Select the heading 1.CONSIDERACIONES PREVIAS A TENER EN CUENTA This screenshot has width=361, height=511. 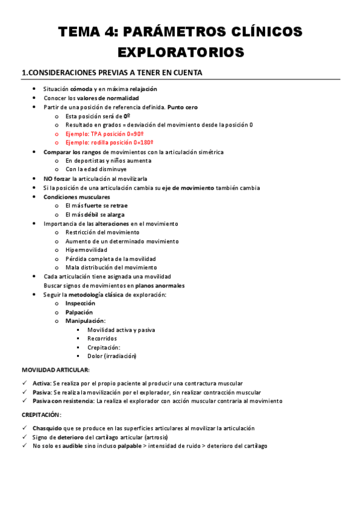[111, 73]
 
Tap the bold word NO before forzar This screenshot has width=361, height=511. [48, 179]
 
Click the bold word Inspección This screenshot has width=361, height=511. [80, 304]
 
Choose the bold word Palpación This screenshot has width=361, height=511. [79, 313]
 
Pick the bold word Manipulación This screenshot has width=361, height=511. [84, 321]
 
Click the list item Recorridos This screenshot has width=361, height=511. [102, 339]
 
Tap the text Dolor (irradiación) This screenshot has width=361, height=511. [111, 356]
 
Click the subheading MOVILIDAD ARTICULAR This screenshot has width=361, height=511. [55, 369]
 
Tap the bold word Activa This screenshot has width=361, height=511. [42, 383]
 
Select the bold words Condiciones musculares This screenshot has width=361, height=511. [77, 197]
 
